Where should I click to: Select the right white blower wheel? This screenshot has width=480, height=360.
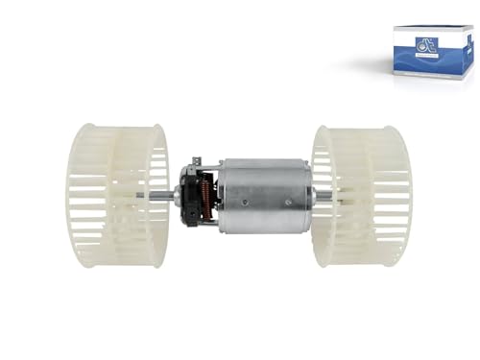click(x=360, y=196)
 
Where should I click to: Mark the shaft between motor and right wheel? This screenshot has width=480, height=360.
click(x=323, y=196)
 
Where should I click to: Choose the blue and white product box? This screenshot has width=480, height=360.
click(x=431, y=53)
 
